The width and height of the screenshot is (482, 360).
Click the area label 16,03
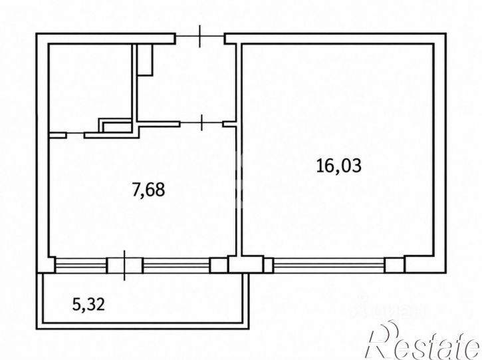(339, 166)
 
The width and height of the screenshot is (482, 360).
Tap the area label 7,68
(148, 190)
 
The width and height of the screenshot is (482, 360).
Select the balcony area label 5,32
(88, 304)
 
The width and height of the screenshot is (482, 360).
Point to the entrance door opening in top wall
(200, 37)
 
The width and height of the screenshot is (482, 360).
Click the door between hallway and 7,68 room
(201, 122)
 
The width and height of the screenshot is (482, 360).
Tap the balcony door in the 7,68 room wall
(125, 266)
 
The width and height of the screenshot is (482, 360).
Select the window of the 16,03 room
(329, 266)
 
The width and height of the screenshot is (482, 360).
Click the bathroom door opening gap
(76, 133)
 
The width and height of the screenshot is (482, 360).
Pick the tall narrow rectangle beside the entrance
(145, 60)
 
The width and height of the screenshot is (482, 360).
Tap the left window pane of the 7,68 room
(80, 266)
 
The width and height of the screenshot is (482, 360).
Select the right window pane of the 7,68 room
(176, 266)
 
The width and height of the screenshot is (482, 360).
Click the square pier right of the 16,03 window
(395, 266)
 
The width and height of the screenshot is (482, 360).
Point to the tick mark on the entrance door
(200, 37)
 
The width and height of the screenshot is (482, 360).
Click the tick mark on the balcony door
(124, 266)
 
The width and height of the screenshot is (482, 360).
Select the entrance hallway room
(186, 83)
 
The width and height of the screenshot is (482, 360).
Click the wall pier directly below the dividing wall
(246, 264)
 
